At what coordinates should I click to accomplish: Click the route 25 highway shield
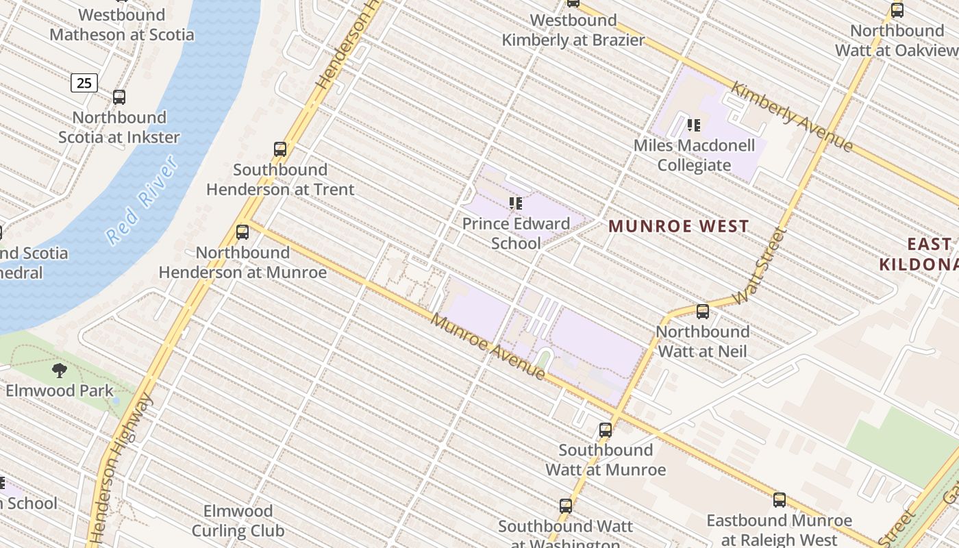[84, 83]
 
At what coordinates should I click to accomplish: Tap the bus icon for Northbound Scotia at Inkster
[119, 97]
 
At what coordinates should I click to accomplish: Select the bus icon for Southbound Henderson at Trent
[280, 149]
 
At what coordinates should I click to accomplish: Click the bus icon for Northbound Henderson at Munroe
[242, 232]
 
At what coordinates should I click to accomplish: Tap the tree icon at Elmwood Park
[60, 371]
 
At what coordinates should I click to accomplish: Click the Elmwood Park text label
[60, 391]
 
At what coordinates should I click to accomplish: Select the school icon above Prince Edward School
[516, 203]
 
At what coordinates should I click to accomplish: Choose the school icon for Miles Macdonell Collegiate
[694, 125]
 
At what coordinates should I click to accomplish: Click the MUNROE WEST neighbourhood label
[678, 226]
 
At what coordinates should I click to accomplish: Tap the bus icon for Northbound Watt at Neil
[703, 312]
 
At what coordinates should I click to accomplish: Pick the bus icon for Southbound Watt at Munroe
[606, 430]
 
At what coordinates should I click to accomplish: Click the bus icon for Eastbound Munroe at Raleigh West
[780, 500]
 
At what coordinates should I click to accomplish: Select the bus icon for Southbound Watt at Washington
[566, 506]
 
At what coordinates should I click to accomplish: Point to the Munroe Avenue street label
[488, 347]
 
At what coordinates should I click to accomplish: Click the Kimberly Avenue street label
[792, 116]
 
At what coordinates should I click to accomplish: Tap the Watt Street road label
[760, 267]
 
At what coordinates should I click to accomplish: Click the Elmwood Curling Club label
[238, 521]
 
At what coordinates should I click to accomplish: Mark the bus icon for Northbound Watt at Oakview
[897, 10]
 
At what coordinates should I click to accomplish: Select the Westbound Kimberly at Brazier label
[573, 30]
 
